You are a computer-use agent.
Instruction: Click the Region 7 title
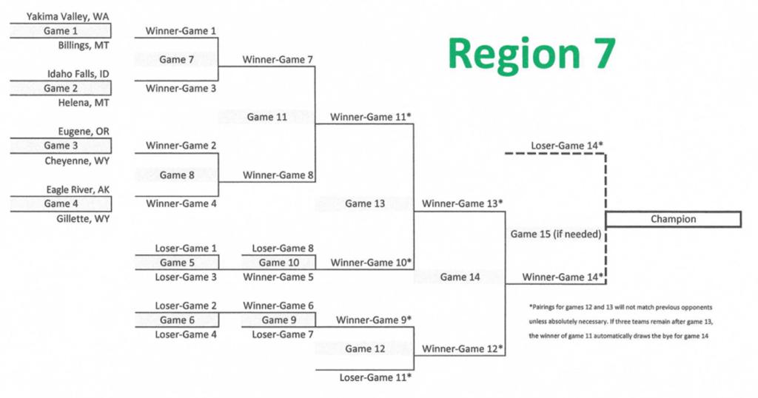pos(531,55)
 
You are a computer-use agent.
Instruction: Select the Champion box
pos(673,219)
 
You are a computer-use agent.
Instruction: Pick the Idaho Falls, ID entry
pos(78,74)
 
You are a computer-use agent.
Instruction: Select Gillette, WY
pos(83,219)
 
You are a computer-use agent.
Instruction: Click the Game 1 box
pos(60,31)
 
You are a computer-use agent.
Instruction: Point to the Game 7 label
pos(177,60)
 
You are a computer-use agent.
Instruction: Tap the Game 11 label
pos(266,117)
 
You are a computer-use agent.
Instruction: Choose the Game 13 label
pos(365,204)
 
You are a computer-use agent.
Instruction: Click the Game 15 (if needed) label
pos(554,235)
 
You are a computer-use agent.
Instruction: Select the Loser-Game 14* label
pos(566,146)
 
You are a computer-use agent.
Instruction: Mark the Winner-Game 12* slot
pos(462,348)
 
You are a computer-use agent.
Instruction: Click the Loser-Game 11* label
pos(375,377)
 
